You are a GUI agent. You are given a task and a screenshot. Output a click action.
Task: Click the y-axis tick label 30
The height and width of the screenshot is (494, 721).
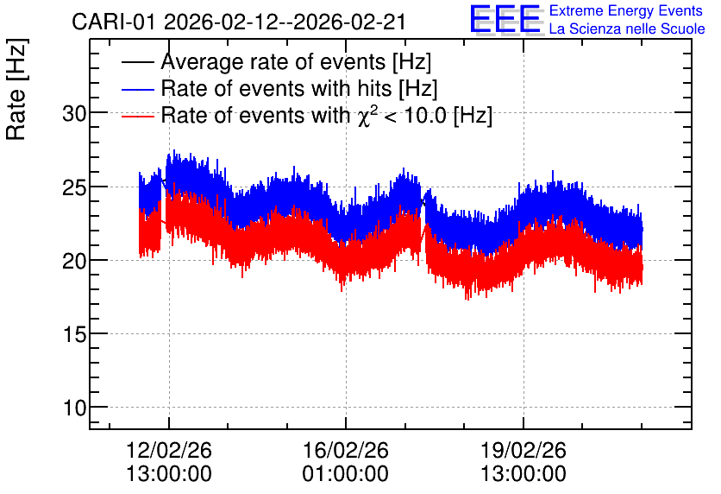(74, 113)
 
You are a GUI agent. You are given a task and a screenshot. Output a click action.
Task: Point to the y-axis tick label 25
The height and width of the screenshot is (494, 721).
(74, 187)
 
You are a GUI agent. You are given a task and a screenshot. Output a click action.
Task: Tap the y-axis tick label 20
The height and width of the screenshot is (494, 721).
(74, 261)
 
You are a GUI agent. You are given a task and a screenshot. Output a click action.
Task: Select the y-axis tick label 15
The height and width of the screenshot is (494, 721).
(74, 335)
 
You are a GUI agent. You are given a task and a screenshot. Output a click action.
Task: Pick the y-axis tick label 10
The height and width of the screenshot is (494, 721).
(74, 408)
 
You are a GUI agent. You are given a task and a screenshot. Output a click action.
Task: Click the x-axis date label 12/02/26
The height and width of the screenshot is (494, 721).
(169, 450)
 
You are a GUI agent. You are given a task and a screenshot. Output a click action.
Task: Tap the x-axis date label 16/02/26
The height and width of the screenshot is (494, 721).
(345, 450)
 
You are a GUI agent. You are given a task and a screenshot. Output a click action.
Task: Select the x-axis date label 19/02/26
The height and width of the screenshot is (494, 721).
(524, 450)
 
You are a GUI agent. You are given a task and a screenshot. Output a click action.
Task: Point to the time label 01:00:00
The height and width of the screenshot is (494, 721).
(345, 474)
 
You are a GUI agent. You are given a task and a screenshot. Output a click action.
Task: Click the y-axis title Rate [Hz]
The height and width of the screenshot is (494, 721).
(16, 89)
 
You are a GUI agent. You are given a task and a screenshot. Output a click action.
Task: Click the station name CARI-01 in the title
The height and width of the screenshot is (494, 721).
(114, 22)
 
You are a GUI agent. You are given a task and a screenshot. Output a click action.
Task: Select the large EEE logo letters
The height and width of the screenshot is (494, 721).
(505, 19)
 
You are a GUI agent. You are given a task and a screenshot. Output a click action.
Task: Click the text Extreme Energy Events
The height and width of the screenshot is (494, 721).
(626, 10)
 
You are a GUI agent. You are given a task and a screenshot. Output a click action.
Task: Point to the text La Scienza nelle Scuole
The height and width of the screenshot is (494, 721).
(627, 29)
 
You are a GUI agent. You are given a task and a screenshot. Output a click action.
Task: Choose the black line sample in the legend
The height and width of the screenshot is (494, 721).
(137, 62)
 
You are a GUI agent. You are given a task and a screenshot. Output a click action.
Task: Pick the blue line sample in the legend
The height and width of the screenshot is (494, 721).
(137, 89)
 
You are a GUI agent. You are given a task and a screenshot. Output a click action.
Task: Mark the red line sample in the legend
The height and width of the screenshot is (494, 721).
(137, 116)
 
